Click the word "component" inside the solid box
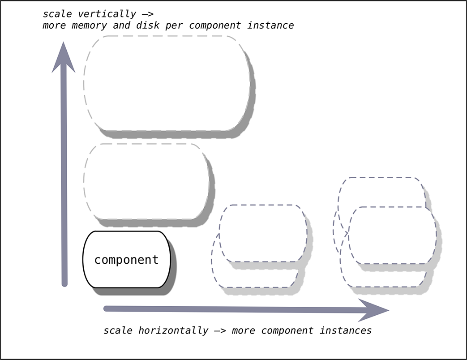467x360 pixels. point(127,260)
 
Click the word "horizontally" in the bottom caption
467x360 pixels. point(173,331)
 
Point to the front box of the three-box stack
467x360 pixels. point(392,235)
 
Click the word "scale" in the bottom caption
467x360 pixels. point(118,331)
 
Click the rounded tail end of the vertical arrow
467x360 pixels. point(64,283)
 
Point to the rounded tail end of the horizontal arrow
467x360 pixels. point(107,308)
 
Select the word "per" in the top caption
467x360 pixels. point(180,25)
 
